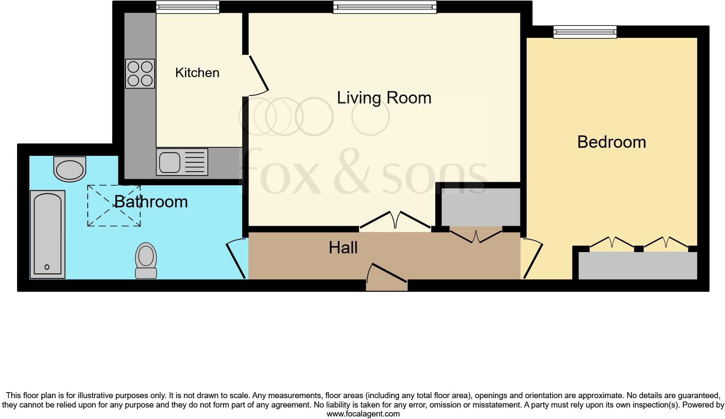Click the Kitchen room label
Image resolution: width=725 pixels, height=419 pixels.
[197, 73]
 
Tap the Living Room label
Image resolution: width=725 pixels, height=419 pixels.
[384, 98]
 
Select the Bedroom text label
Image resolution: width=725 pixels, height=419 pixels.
[611, 142]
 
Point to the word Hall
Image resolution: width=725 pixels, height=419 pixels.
[343, 248]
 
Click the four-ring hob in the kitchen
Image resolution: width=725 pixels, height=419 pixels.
[140, 74]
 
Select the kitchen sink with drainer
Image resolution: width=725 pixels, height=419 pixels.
[182, 162]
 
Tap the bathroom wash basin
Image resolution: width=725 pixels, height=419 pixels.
[70, 169]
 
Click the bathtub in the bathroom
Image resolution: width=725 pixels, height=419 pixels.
[48, 234]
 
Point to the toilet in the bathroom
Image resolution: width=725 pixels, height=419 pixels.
[146, 260]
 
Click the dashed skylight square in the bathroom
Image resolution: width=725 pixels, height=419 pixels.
[114, 206]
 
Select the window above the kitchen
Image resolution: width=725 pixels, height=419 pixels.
[187, 7]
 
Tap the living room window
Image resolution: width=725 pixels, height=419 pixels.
[385, 7]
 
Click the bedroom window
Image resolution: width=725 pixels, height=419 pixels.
[585, 32]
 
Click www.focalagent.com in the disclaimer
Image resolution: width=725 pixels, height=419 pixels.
[363, 413]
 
